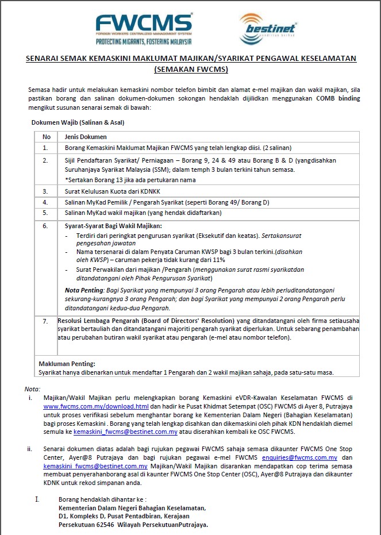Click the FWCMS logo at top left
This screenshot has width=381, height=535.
[x=143, y=24]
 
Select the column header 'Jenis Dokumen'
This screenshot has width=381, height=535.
[x=86, y=137]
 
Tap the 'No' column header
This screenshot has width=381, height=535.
[x=47, y=137]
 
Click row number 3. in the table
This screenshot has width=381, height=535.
[x=46, y=191]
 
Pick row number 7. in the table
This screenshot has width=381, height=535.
[x=46, y=321]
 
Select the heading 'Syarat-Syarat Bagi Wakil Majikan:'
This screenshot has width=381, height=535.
[x=113, y=226]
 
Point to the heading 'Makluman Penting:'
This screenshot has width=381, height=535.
[x=67, y=364]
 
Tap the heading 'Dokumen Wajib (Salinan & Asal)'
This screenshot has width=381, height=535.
[x=78, y=122]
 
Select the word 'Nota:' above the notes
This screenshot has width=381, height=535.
[x=33, y=389]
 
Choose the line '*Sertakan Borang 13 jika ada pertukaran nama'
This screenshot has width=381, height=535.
[x=130, y=180]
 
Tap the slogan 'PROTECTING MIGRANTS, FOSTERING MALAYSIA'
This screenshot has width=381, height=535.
[x=143, y=41]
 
